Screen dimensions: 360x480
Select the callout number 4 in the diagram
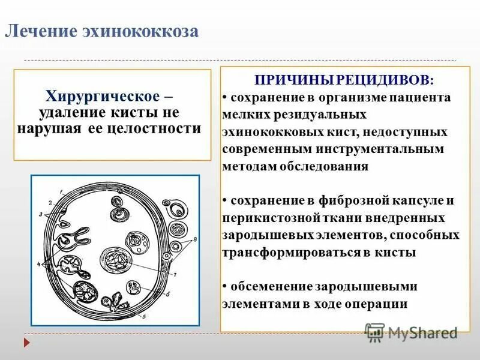tap(40, 263)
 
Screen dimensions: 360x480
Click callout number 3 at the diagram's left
tap(40, 214)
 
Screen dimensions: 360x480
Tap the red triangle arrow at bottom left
tap(26, 342)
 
